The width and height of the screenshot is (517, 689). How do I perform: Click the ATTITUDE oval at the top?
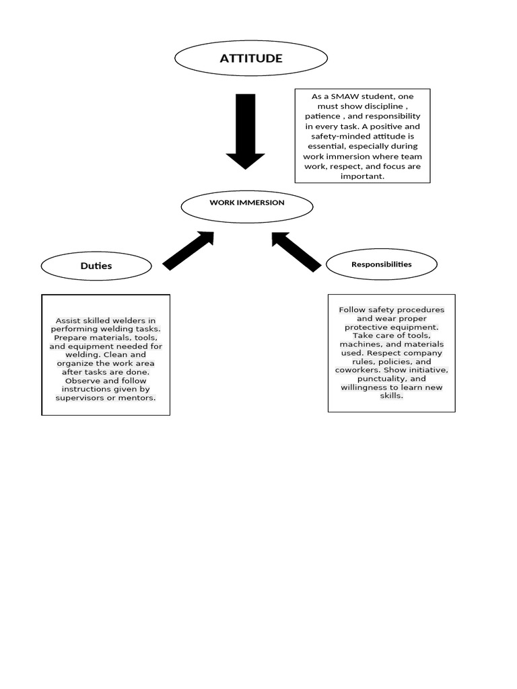click(251, 59)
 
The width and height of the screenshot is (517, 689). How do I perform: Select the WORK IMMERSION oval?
click(247, 205)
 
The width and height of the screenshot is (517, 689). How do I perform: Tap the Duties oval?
click(96, 266)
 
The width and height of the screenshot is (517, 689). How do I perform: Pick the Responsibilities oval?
click(382, 264)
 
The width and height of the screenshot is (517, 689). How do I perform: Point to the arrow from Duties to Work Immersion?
click(188, 250)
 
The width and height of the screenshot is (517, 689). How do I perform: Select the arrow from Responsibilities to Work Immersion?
click(296, 251)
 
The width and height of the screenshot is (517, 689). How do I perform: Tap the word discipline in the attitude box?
click(382, 106)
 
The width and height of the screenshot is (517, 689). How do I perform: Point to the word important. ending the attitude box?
click(363, 176)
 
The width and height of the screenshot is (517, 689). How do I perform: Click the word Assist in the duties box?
click(68, 320)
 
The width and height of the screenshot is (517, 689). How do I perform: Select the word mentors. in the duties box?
click(137, 398)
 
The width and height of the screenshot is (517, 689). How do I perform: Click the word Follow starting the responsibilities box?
click(352, 310)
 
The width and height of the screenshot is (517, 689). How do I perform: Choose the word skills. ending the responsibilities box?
click(392, 396)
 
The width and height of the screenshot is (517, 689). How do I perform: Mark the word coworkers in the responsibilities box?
click(357, 370)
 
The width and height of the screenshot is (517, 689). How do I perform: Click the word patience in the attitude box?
click(322, 116)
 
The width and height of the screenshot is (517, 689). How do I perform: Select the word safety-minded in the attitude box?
click(337, 136)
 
